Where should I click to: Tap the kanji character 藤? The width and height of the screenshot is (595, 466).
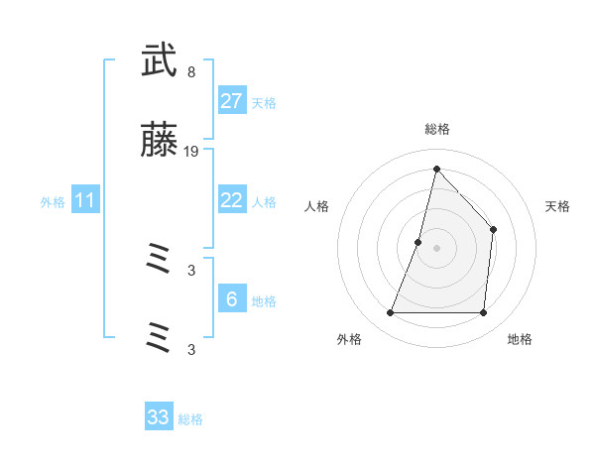click(x=159, y=142)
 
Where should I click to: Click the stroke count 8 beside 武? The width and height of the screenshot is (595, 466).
click(x=190, y=71)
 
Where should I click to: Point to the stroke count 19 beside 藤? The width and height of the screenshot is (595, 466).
click(x=192, y=152)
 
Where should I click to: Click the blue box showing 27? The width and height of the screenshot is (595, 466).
click(x=231, y=101)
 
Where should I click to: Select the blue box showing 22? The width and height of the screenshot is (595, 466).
click(x=231, y=200)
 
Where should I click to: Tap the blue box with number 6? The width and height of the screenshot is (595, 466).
click(x=231, y=299)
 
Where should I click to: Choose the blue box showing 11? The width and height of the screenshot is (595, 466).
click(x=85, y=200)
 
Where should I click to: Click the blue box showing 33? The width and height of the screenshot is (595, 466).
click(x=159, y=417)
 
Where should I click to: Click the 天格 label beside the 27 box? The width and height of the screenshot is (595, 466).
click(x=264, y=103)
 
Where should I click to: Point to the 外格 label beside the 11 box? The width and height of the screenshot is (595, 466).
click(x=53, y=202)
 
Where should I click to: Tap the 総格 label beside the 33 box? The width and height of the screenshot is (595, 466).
click(x=190, y=419)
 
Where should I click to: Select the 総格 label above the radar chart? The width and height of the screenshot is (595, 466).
click(x=436, y=129)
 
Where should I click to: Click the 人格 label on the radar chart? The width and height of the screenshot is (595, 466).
click(x=317, y=206)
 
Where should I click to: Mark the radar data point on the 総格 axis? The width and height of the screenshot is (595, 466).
click(x=436, y=169)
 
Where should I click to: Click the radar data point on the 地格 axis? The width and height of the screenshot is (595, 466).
click(x=483, y=313)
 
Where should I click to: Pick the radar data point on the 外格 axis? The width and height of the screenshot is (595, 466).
click(x=390, y=313)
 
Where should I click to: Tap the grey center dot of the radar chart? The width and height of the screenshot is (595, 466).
click(x=436, y=248)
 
